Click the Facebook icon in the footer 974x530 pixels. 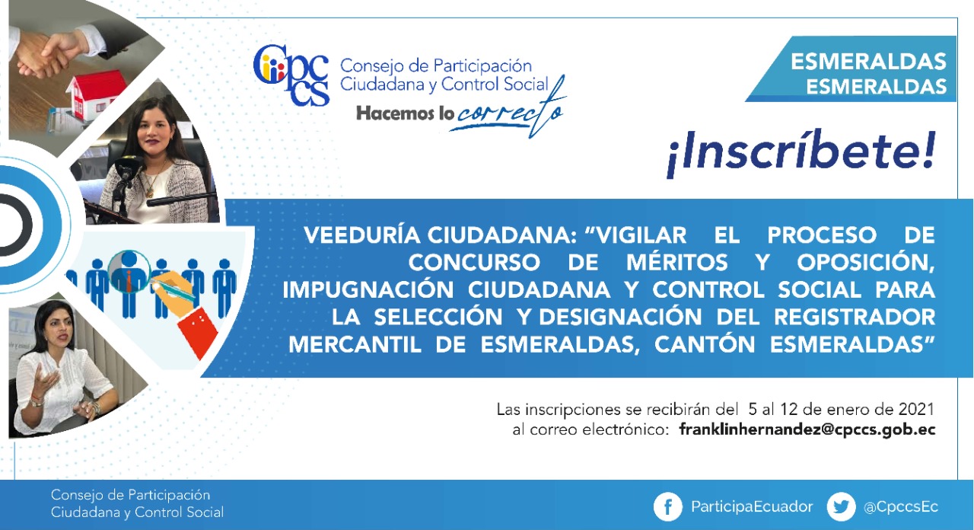pos(667,506)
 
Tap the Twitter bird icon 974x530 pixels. pos(841,506)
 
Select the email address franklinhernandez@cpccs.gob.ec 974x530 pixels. pos(807,430)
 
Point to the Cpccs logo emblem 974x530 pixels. pos(291,75)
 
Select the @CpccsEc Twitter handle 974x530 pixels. pos(900,507)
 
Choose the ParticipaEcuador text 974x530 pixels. pos(752,507)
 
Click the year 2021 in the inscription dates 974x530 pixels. pos(916,410)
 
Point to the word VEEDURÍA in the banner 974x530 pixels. pos(362,235)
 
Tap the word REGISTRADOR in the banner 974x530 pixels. pos(855,317)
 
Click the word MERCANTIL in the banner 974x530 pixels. pos(355,345)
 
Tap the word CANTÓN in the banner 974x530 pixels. pos(705,345)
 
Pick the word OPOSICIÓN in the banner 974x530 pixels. pos(866,263)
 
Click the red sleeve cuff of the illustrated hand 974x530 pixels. pos(198,331)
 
